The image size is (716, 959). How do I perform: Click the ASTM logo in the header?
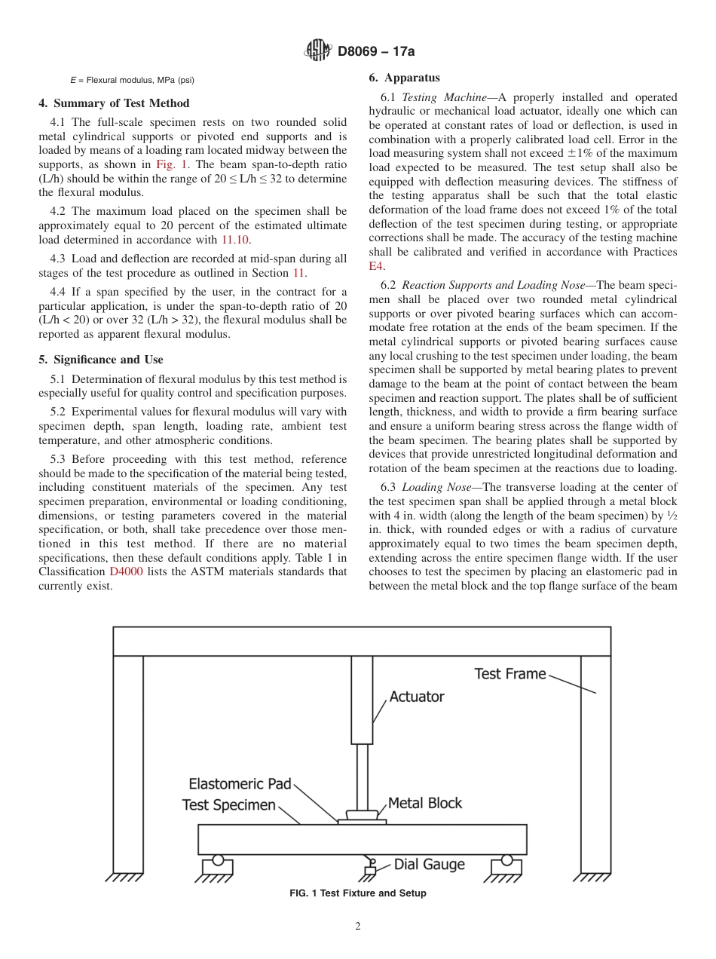317,51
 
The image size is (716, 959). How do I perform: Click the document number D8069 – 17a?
375,52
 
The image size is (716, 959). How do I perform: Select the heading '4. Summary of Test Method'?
114,103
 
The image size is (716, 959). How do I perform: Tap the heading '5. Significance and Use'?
101,360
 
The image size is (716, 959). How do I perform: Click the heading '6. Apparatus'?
404,78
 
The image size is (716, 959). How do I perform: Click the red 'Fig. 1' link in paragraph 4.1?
167,165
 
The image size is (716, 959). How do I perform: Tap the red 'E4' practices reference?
376,266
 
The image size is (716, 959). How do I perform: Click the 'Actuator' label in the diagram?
417,697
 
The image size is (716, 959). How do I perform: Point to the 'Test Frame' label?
509,674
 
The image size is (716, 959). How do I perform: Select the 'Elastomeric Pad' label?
240,784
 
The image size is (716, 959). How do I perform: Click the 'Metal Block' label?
424,803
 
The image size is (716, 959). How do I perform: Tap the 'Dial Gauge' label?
429,865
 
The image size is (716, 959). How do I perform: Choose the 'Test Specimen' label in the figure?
229,805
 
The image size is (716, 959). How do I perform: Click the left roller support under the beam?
218,860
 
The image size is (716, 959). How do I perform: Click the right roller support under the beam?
506,860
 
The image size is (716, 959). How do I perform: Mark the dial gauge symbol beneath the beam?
370,867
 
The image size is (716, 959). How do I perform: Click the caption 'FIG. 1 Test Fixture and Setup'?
358,893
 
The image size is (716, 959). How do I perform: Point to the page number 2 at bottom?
358,927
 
